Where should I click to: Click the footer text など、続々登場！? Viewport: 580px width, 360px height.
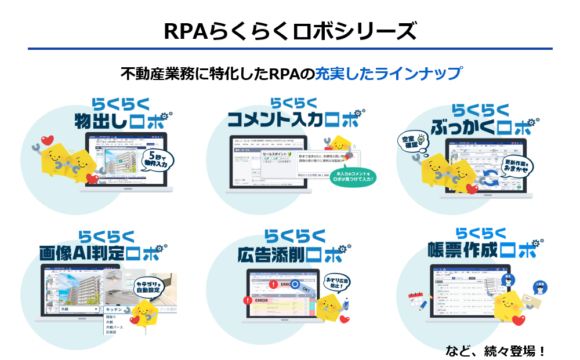[495, 351]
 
